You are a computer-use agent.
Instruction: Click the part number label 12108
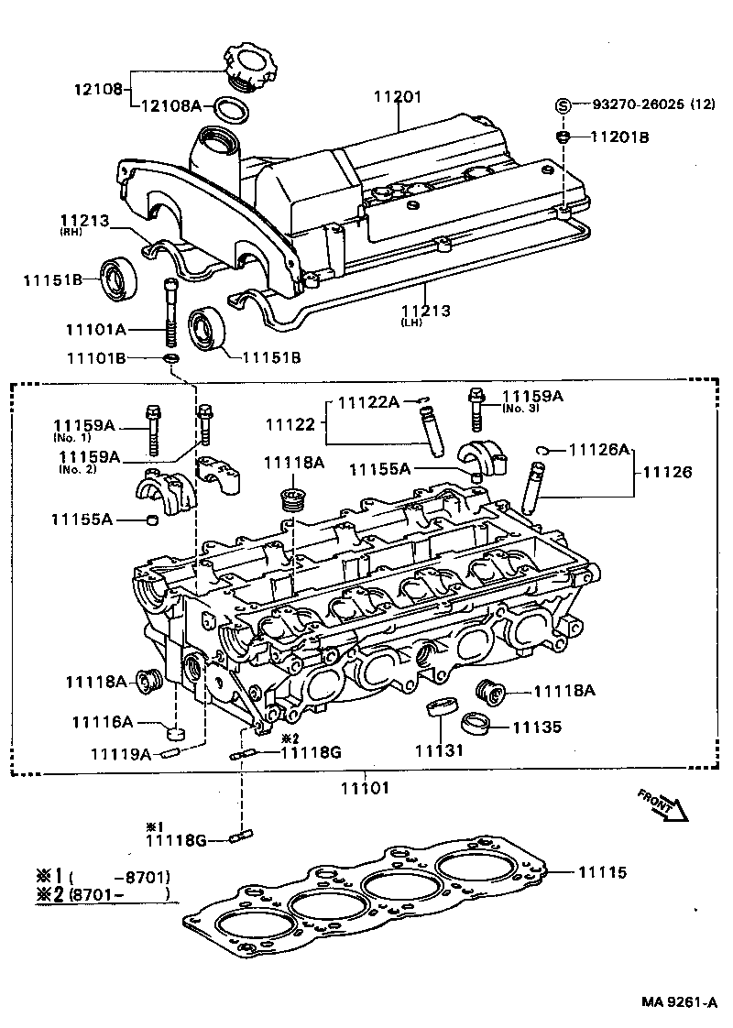click(96, 89)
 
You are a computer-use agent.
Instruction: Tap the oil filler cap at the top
click(246, 67)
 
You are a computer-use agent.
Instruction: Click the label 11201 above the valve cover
click(398, 96)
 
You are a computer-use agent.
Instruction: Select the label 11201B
click(619, 137)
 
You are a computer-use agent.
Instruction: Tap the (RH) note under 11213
click(72, 233)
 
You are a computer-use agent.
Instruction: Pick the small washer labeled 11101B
click(171, 356)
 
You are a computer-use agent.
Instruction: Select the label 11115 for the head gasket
click(602, 872)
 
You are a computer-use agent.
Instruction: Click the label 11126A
click(599, 449)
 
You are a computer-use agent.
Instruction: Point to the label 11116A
click(103, 723)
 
